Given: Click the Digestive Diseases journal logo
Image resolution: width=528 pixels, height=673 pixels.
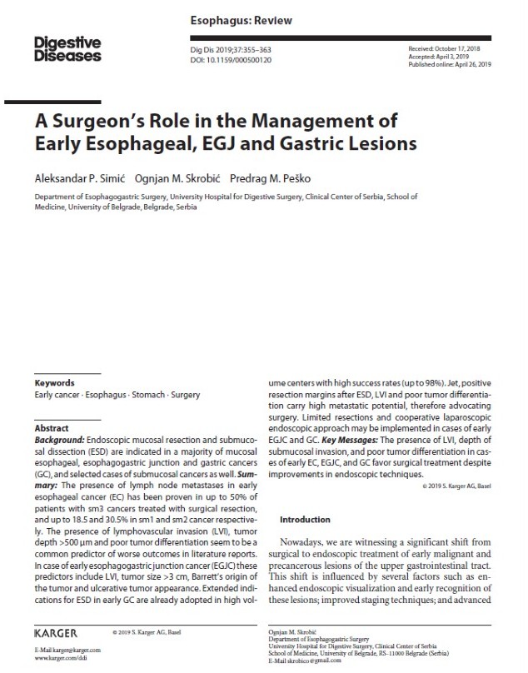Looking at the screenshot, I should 68,48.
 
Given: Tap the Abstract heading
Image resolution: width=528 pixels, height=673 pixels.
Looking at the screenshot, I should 52,428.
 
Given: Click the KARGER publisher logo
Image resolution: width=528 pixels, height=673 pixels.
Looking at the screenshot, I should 57,634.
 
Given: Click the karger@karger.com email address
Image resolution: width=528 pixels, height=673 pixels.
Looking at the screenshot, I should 67,649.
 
